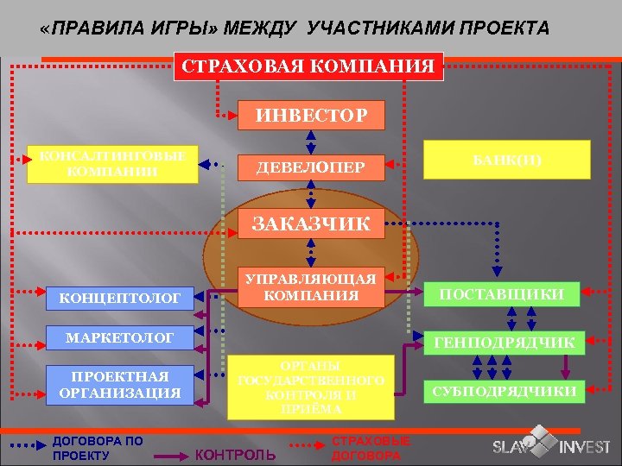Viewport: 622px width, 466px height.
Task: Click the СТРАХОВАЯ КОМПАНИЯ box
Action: tap(308, 66)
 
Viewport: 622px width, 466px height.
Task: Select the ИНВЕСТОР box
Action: tap(310, 114)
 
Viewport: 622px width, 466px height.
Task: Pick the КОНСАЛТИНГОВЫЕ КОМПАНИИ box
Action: tap(112, 164)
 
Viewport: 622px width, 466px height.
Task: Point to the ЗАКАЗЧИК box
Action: tap(310, 224)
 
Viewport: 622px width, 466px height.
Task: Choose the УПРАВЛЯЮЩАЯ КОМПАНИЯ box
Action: tap(310, 287)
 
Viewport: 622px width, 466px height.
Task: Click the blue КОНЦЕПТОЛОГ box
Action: tap(120, 299)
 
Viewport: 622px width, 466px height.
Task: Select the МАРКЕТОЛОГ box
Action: tap(120, 337)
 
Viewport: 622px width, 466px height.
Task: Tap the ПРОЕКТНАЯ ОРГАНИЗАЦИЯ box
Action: tap(120, 384)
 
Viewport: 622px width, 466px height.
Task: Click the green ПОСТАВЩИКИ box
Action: tap(502, 294)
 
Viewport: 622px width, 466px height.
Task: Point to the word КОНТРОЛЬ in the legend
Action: tap(238, 454)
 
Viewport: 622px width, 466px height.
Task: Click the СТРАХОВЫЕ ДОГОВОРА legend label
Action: tap(366, 447)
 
